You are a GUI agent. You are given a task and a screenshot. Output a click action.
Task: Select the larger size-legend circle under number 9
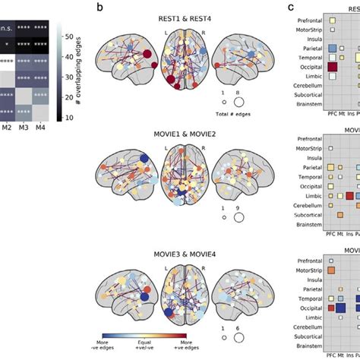238,216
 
